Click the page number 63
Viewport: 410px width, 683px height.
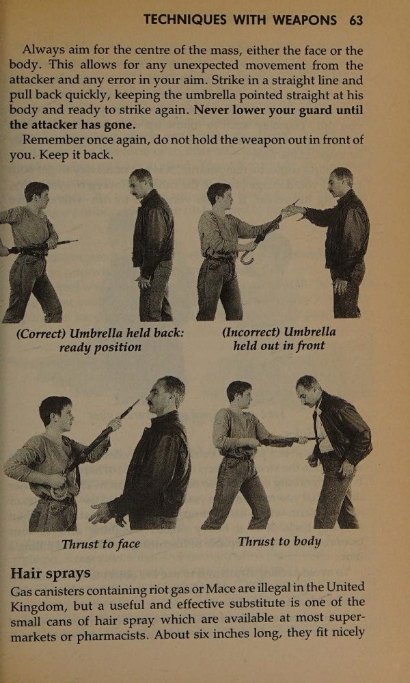(x=355, y=20)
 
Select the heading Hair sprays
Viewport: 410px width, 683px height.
(x=51, y=572)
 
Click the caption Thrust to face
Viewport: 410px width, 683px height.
(x=100, y=544)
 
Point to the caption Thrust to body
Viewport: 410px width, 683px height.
(x=279, y=541)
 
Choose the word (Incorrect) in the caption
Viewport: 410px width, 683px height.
(x=250, y=332)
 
